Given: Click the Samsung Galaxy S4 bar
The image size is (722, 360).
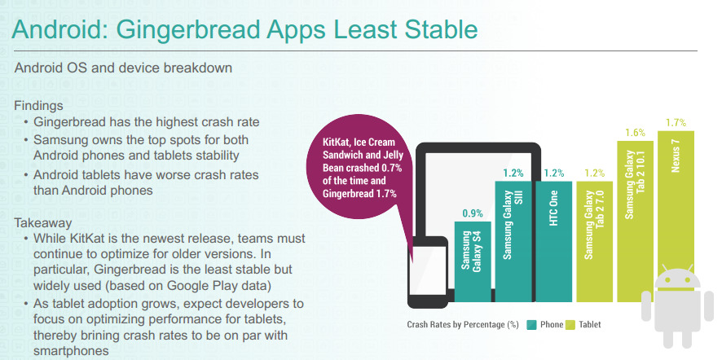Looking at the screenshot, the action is [x=473, y=261].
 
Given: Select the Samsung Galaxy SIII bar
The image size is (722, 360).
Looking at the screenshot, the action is [x=513, y=241].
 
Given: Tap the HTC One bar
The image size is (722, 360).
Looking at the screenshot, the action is [x=554, y=241].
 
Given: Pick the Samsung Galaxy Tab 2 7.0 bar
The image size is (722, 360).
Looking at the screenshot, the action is [x=594, y=241].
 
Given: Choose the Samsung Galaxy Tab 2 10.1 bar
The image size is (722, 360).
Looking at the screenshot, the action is [x=635, y=221].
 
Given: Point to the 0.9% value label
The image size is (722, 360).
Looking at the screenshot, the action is [x=473, y=213].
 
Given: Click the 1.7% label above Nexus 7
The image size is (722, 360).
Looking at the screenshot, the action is [x=676, y=122].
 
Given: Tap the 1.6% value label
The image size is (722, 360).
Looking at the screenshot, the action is [x=635, y=133].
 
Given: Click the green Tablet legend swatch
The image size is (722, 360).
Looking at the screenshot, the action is [x=570, y=324].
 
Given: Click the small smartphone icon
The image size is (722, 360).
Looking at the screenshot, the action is [x=428, y=272].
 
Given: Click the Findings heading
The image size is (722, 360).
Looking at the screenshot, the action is [x=38, y=106].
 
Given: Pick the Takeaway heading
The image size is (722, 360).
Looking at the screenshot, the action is [x=43, y=224].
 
